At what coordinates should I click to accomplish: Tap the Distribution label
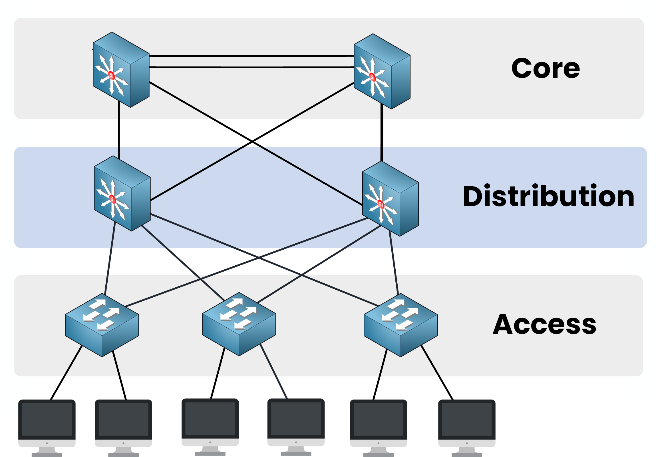pos(548,196)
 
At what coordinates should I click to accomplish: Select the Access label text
pos(544,324)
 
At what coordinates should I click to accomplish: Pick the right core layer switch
pos(382,71)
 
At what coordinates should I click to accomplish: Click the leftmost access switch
pos(102,325)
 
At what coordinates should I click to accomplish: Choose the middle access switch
pos(239,324)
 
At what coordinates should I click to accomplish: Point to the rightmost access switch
pos(400,325)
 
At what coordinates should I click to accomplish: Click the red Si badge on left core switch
pos(111,75)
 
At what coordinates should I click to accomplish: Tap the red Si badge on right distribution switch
pos(381,204)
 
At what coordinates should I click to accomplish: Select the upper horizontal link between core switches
pos(251,56)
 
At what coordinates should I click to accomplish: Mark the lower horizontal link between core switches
pos(251,67)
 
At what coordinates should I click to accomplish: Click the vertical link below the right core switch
pos(382,134)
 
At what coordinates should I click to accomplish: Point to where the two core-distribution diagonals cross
pos(252,141)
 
